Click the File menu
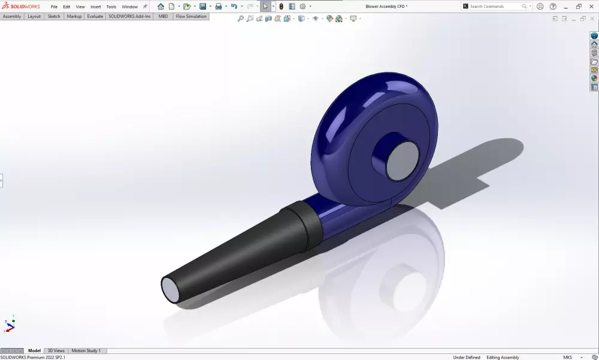pyautogui.click(x=54, y=7)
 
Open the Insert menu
pyautogui.click(x=96, y=7)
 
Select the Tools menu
pyautogui.click(x=111, y=7)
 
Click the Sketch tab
pyautogui.click(x=54, y=16)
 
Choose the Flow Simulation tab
pyautogui.click(x=191, y=16)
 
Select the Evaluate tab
pyautogui.click(x=95, y=16)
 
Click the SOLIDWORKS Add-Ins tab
pyautogui.click(x=129, y=16)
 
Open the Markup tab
pyautogui.click(x=74, y=16)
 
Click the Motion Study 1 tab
pyautogui.click(x=86, y=350)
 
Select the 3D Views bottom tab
pyautogui.click(x=56, y=350)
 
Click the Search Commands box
pyautogui.click(x=495, y=6)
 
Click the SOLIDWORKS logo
pyautogui.click(x=21, y=6)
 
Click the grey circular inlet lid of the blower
pyautogui.click(x=402, y=161)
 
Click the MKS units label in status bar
pyautogui.click(x=567, y=357)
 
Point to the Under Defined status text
pyautogui.click(x=467, y=357)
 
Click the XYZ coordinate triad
pyautogui.click(x=9, y=325)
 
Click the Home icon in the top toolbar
pyautogui.click(x=161, y=7)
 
